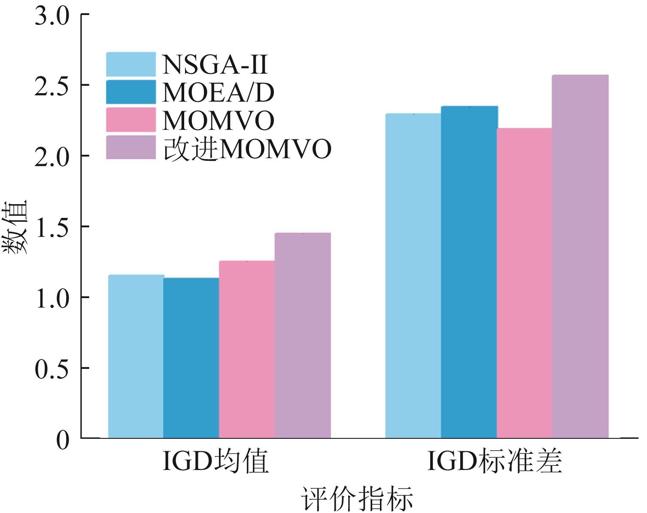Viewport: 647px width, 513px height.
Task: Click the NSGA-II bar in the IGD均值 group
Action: pyautogui.click(x=136, y=356)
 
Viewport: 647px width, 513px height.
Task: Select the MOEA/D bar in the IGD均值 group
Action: pyautogui.click(x=191, y=358)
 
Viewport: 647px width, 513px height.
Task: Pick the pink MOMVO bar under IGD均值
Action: pyautogui.click(x=247, y=349)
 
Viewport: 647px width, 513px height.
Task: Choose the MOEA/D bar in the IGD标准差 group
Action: pyautogui.click(x=469, y=272)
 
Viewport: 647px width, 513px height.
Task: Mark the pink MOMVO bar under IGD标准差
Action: pyautogui.click(x=524, y=283)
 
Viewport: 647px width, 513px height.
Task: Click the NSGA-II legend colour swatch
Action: pyautogui.click(x=131, y=64)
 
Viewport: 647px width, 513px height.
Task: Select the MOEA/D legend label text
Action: pyautogui.click(x=218, y=92)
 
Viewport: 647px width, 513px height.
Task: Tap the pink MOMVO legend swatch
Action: pyautogui.click(x=131, y=120)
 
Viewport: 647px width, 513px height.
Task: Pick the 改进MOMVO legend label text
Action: pyautogui.click(x=247, y=149)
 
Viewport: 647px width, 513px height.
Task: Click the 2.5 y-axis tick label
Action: pyautogui.click(x=52, y=85)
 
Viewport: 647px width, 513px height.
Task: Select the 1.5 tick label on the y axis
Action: pyautogui.click(x=52, y=226)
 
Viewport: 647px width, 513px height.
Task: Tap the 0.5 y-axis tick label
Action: pyautogui.click(x=52, y=368)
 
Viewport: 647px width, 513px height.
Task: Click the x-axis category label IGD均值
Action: pyautogui.click(x=216, y=462)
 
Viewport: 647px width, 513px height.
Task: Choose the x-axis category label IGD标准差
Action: pyautogui.click(x=494, y=462)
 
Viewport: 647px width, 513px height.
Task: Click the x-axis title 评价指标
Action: pyautogui.click(x=357, y=499)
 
